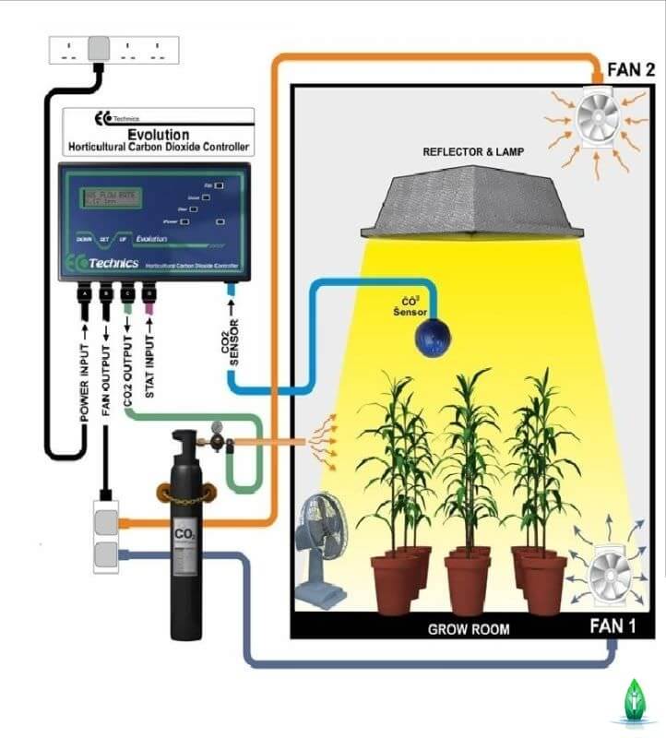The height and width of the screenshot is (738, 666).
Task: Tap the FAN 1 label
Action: [612, 628]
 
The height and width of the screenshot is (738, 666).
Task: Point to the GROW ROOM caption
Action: [469, 630]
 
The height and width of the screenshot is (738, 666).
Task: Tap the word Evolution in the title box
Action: [156, 133]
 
